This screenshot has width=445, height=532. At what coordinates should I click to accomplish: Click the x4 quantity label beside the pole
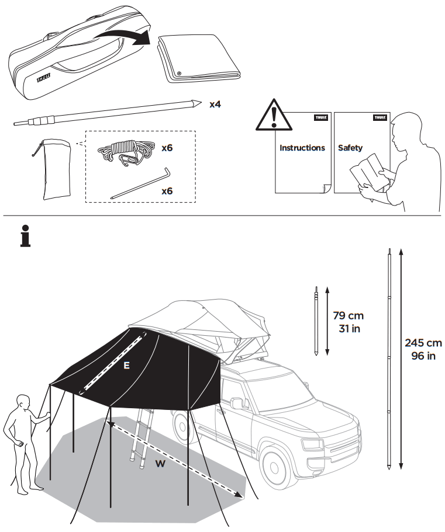215,105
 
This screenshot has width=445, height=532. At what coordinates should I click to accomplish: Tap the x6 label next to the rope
168,148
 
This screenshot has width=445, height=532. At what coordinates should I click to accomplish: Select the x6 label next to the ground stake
168,191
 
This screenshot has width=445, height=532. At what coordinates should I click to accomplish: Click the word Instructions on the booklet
302,148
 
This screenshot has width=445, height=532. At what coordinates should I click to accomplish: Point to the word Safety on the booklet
350,148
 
